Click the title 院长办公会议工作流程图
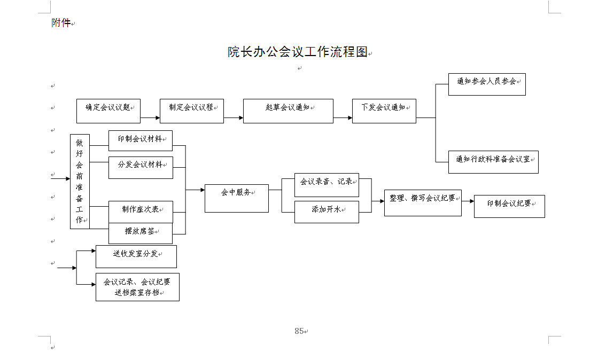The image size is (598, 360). pyautogui.click(x=298, y=52)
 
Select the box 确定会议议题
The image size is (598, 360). pyautogui.click(x=108, y=111)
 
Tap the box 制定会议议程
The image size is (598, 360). pyautogui.click(x=192, y=111)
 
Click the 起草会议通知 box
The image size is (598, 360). pyautogui.click(x=289, y=111)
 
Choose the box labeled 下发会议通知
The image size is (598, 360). pyautogui.click(x=384, y=111)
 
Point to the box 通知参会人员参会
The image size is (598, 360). pyautogui.click(x=487, y=84)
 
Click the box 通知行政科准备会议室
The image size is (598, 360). pyautogui.click(x=493, y=162)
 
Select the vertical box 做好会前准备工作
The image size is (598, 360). pyautogui.click(x=80, y=182)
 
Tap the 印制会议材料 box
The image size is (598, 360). pyautogui.click(x=141, y=140)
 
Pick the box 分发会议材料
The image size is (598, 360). pyautogui.click(x=141, y=167)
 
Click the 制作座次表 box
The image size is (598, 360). pyautogui.click(x=141, y=212)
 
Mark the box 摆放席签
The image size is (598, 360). pyautogui.click(x=141, y=233)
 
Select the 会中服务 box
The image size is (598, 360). pyautogui.click(x=236, y=198)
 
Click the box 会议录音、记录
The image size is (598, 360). pyautogui.click(x=327, y=185)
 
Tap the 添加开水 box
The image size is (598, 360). pyautogui.click(x=327, y=212)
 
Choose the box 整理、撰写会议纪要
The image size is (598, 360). pyautogui.click(x=423, y=203)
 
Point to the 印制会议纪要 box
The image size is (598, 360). pyautogui.click(x=509, y=206)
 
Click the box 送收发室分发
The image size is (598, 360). pyautogui.click(x=136, y=257)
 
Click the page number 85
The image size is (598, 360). pyautogui.click(x=299, y=331)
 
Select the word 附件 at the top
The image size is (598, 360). pyautogui.click(x=61, y=23)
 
